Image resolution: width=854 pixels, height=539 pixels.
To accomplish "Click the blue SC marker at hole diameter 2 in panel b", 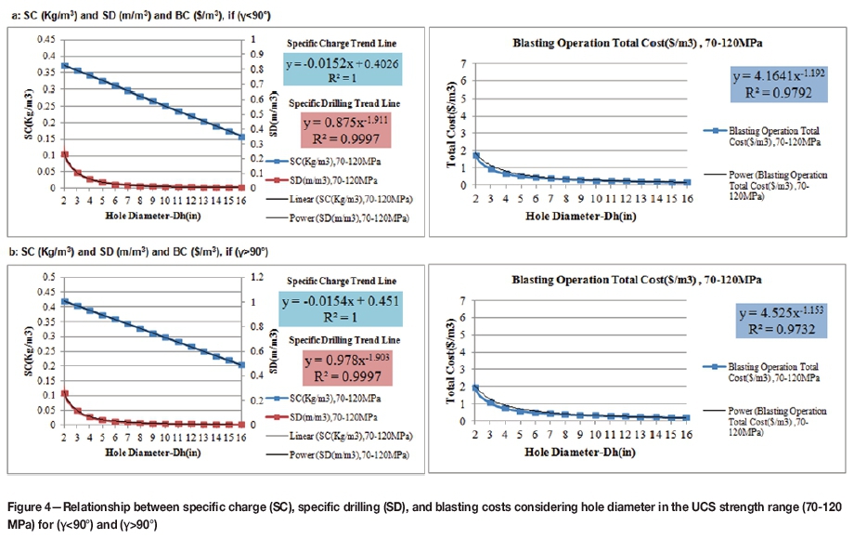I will pyautogui.click(x=64, y=301).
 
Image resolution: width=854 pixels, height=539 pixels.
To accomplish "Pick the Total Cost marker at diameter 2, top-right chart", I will pyautogui.click(x=476, y=155).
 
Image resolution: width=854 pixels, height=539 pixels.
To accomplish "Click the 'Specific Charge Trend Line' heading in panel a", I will pyautogui.click(x=342, y=44).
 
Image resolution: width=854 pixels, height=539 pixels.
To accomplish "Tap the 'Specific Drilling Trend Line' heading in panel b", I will pyautogui.click(x=342, y=338).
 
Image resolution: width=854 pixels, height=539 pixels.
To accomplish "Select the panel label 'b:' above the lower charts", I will pyautogui.click(x=11, y=252).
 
